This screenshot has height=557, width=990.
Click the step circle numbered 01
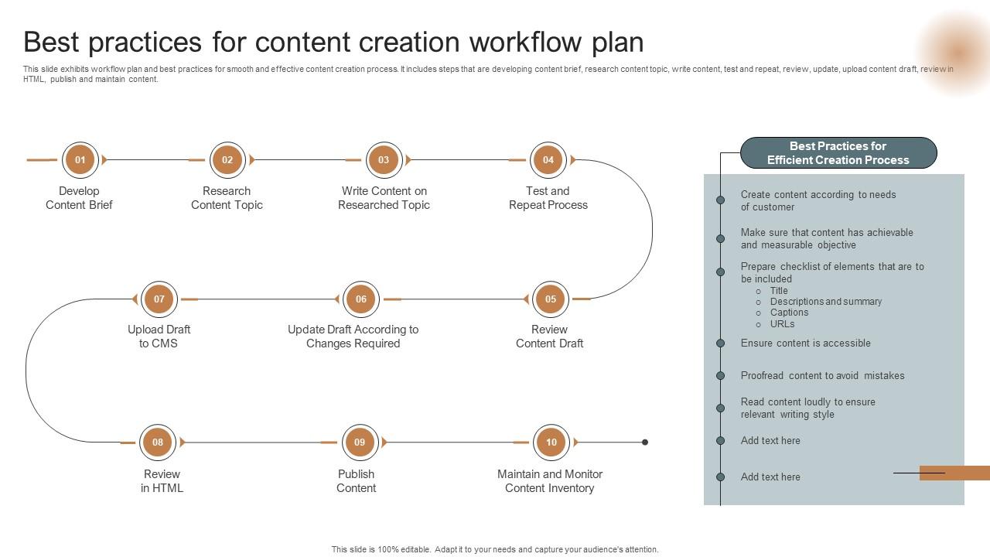[x=80, y=160]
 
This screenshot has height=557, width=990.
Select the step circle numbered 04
[x=548, y=160]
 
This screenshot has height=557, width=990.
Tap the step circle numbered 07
[x=159, y=299]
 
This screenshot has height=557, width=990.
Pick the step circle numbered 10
[x=551, y=443]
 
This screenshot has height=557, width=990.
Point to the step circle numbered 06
[x=360, y=299]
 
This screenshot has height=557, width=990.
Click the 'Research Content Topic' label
[x=227, y=198]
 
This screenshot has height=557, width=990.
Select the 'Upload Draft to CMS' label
[x=159, y=337]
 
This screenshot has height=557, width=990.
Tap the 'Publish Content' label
[x=356, y=481]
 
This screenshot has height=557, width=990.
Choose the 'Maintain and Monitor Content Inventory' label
[x=549, y=481]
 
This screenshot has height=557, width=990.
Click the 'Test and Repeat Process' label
[x=548, y=198]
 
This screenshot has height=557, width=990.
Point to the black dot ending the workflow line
[x=645, y=443]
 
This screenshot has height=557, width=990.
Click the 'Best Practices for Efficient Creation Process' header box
[x=838, y=153]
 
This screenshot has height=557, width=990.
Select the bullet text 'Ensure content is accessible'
[x=805, y=343]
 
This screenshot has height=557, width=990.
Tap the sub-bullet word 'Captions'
[x=789, y=313]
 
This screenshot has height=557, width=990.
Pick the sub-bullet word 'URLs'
[x=782, y=324]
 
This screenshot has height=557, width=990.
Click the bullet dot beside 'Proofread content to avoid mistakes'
[x=720, y=376]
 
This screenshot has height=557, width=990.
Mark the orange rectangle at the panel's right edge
[x=954, y=473]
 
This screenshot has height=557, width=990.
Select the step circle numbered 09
[x=360, y=443]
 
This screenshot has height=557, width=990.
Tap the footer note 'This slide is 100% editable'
[x=495, y=549]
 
